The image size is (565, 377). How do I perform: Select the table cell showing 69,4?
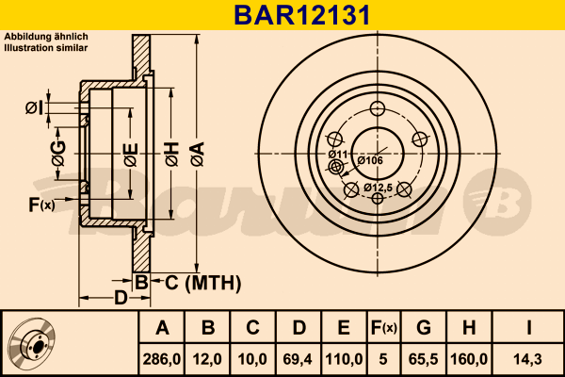click(299, 358)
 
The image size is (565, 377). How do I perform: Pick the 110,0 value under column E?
click(344, 358)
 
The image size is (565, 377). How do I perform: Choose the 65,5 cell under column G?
click(425, 358)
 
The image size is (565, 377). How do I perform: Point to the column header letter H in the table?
click(470, 328)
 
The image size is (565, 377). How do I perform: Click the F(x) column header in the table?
click(383, 328)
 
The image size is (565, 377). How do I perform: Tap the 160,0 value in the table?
click(470, 358)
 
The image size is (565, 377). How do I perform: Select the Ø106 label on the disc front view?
click(370, 160)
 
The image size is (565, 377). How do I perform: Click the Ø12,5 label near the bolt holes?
click(377, 188)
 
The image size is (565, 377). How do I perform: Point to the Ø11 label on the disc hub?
click(338, 154)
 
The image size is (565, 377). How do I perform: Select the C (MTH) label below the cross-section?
click(197, 282)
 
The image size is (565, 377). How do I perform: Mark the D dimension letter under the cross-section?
click(121, 299)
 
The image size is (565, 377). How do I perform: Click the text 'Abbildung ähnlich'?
click(46, 36)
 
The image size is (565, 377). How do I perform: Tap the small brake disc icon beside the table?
click(33, 343)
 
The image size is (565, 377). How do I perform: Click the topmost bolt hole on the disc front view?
click(379, 107)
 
